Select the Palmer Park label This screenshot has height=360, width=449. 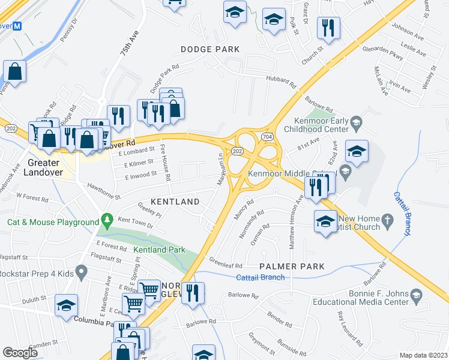(x=292, y=266)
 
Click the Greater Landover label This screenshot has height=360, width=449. (x=43, y=167)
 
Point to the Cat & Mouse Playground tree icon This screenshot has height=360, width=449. (x=107, y=220)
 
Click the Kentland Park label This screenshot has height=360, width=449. (x=159, y=250)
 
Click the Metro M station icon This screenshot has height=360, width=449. (x=17, y=26)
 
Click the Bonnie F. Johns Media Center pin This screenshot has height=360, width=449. (x=417, y=295)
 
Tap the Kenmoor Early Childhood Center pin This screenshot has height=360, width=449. (x=356, y=122)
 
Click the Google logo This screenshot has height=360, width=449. (x=19, y=352)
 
